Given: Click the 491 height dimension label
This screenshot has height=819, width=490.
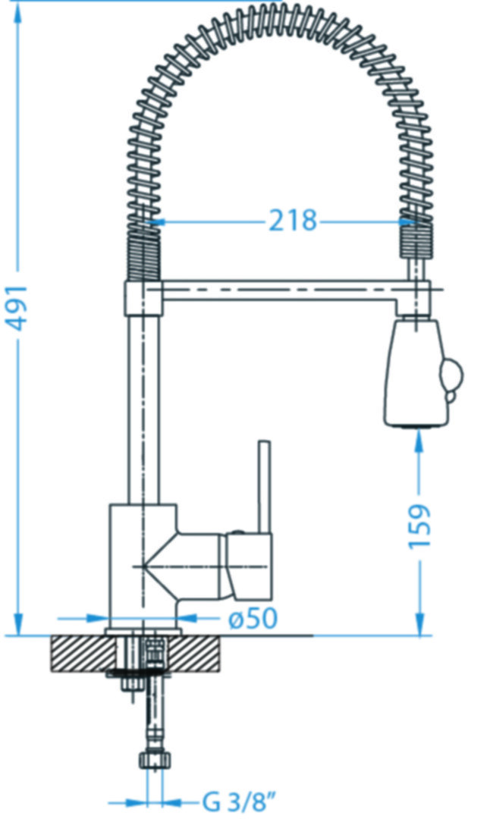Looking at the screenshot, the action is pyautogui.click(x=19, y=308).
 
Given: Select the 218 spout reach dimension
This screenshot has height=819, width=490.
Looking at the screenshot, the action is pyautogui.click(x=293, y=221).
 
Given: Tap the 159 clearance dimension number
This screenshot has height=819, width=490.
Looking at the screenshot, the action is pyautogui.click(x=419, y=526).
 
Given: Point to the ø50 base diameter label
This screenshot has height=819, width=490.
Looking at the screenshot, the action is pyautogui.click(x=253, y=619).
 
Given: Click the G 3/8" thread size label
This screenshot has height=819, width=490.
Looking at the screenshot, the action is pyautogui.click(x=240, y=802).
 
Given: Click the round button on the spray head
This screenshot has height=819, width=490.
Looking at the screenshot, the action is pyautogui.click(x=452, y=375).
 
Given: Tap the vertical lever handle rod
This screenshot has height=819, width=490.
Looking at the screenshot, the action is pyautogui.click(x=265, y=487).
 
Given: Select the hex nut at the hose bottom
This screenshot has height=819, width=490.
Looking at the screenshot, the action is pyautogui.click(x=155, y=759).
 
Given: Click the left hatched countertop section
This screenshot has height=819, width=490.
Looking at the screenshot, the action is pyautogui.click(x=83, y=654).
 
